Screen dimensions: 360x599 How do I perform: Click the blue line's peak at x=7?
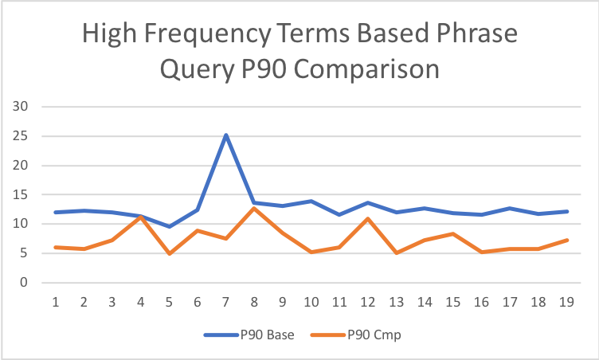click(x=225, y=135)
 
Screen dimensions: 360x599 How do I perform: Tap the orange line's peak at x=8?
click(x=254, y=208)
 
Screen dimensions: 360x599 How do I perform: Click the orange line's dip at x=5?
click(x=170, y=253)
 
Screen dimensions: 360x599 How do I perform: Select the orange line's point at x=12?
click(x=366, y=218)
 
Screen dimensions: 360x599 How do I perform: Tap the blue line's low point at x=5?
click(x=170, y=226)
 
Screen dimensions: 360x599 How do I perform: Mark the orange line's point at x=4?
click(x=141, y=217)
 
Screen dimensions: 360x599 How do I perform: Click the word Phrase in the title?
click(x=473, y=35)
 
